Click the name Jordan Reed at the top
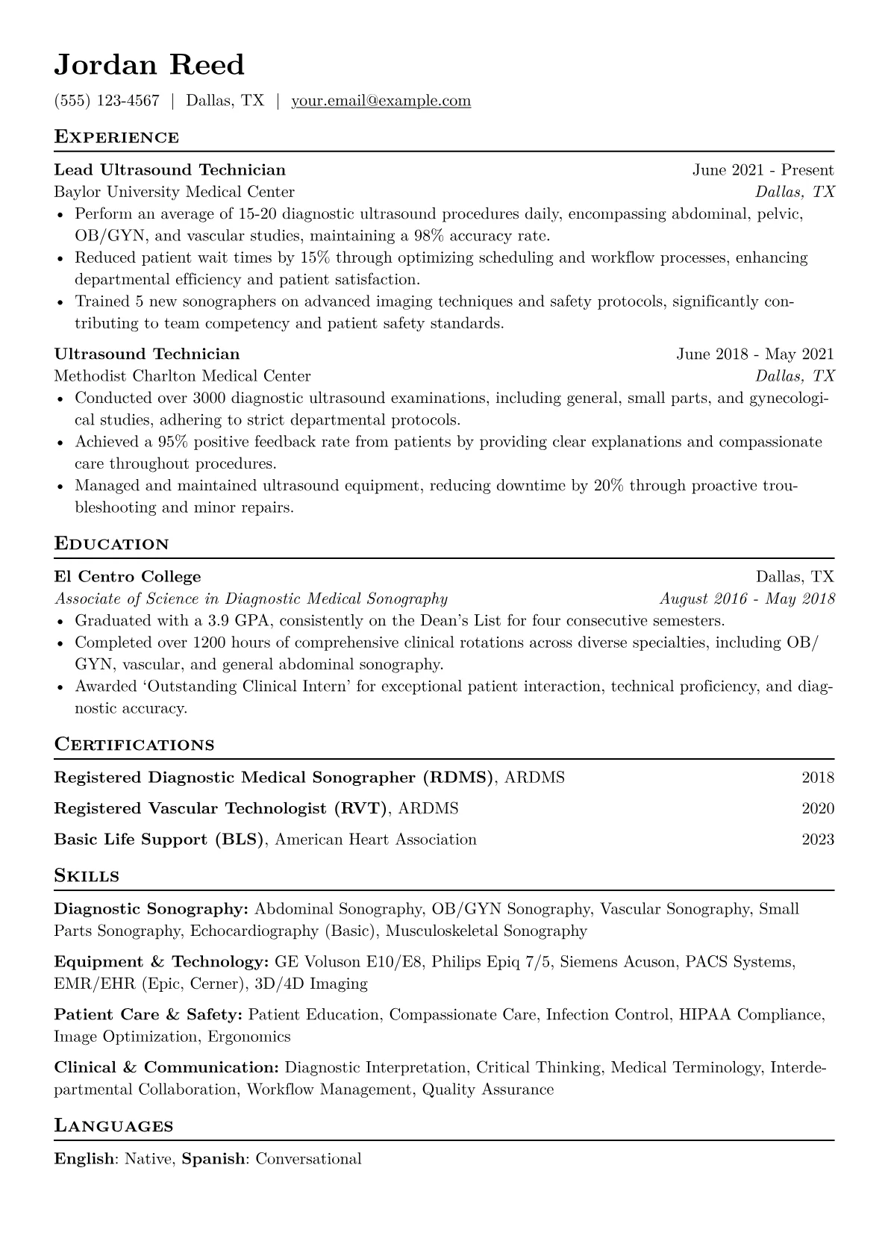(x=149, y=66)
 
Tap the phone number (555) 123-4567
(x=107, y=101)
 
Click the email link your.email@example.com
(x=381, y=101)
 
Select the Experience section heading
(x=116, y=137)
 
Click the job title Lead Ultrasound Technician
(x=169, y=170)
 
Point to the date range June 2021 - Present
(x=763, y=170)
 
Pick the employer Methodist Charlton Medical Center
(x=182, y=376)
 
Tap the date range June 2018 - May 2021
(x=754, y=354)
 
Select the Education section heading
(x=112, y=544)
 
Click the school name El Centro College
(x=128, y=577)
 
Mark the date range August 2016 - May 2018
(x=747, y=599)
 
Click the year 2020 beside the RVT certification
(x=818, y=809)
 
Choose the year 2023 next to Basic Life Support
(x=818, y=840)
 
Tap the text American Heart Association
(x=375, y=840)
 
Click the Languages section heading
(x=113, y=1126)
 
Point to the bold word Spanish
(x=213, y=1160)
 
